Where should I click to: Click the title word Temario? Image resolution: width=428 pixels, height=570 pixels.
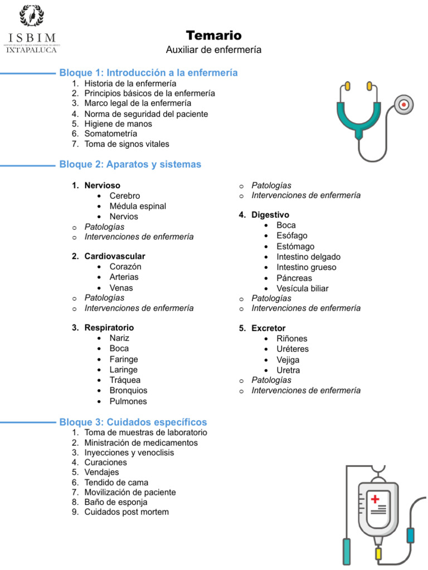point(213,36)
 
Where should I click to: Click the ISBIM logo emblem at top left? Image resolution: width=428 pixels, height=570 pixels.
point(32,17)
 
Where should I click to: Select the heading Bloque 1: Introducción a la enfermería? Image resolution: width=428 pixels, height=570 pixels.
point(148,73)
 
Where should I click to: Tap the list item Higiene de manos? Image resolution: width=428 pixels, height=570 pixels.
point(118,124)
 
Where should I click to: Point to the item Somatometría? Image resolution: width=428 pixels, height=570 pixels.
point(110,134)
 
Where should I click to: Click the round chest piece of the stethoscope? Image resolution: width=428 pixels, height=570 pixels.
point(404,104)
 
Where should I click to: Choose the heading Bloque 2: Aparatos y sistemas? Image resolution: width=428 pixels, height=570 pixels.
point(130,164)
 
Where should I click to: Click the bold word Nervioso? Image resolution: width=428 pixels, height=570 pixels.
point(102,185)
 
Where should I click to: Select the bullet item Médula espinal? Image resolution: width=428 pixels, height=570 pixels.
point(138,206)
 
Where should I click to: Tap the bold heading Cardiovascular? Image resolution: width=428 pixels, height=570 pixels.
point(115,257)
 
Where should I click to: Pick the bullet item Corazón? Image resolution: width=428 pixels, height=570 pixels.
point(125,267)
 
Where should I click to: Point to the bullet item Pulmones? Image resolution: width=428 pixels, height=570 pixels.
point(128,401)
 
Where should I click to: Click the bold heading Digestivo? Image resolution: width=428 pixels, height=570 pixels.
point(270,215)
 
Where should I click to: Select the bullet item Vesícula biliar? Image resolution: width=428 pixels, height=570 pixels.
point(302,288)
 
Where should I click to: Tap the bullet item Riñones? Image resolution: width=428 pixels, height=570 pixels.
point(291,338)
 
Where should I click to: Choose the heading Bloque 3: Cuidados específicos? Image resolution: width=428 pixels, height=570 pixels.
point(133,422)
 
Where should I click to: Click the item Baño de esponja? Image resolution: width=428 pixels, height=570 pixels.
point(116,502)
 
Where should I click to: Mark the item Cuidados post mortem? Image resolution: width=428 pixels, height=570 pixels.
point(127,512)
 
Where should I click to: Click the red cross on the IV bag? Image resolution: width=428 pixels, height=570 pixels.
point(376,499)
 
